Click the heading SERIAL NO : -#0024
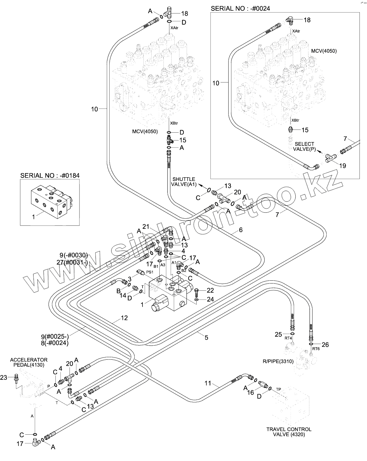pyautogui.click(x=240, y=8)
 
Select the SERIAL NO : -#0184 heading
pyautogui.click(x=50, y=175)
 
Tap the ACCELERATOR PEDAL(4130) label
pyautogui.click(x=29, y=362)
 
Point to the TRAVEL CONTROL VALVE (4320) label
pyautogui.click(x=289, y=432)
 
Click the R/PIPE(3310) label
pyautogui.click(x=278, y=361)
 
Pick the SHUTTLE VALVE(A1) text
pyautogui.click(x=184, y=182)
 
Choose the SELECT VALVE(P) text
pyautogui.click(x=304, y=146)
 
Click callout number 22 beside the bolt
pyautogui.click(x=210, y=290)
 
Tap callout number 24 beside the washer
pyautogui.click(x=210, y=299)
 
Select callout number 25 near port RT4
pyautogui.click(x=278, y=334)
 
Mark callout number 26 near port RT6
pyautogui.click(x=325, y=345)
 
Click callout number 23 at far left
pyautogui.click(x=4, y=378)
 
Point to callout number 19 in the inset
pyautogui.click(x=342, y=166)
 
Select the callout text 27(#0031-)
pyautogui.click(x=72, y=262)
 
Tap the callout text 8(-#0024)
pyautogui.click(x=55, y=343)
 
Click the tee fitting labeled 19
pyautogui.click(x=331, y=158)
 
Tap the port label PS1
pyautogui.click(x=150, y=272)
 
